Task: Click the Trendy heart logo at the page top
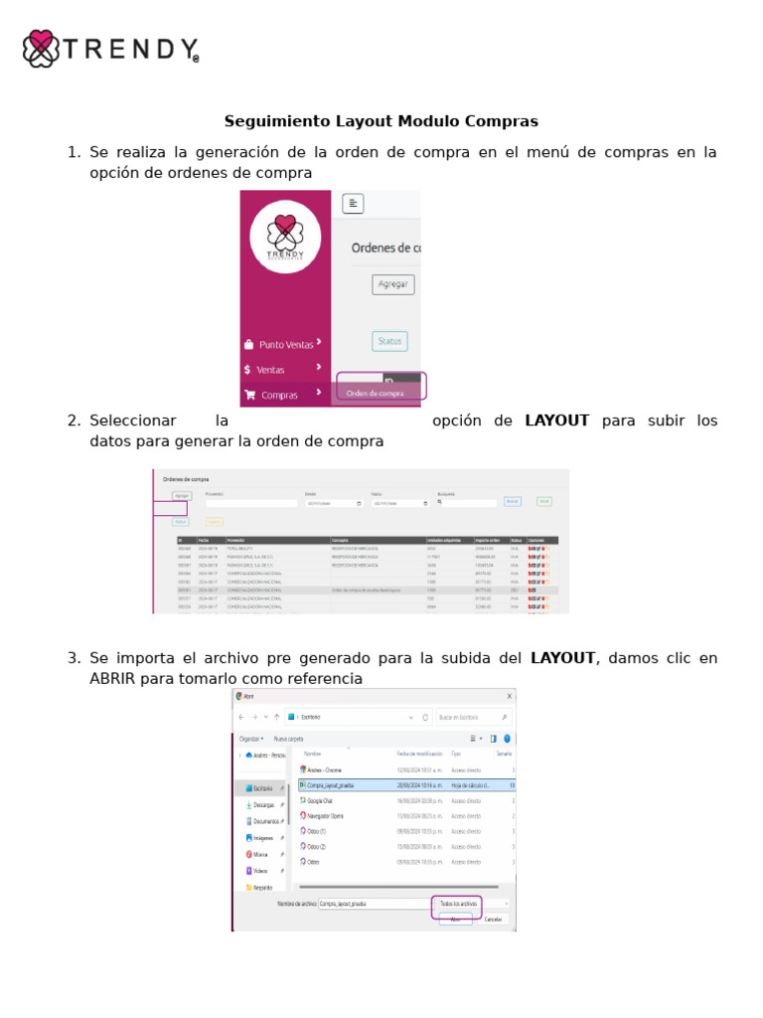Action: pos(41,49)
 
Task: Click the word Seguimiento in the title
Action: pos(265,121)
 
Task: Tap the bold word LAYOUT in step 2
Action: pos(556,421)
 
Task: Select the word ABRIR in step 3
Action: pos(112,679)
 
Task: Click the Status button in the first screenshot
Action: pos(389,341)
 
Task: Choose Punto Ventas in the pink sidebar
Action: pos(285,345)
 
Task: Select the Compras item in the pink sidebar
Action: pos(279,395)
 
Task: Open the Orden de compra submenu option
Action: pos(375,393)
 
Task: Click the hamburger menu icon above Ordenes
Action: pos(353,204)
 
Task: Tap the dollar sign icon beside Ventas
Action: pos(247,369)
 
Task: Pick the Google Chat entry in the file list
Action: pos(319,799)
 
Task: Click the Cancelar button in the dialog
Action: pos(493,919)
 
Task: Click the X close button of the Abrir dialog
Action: pos(510,696)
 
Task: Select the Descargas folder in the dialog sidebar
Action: pos(263,804)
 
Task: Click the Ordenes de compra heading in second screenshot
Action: pos(186,479)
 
